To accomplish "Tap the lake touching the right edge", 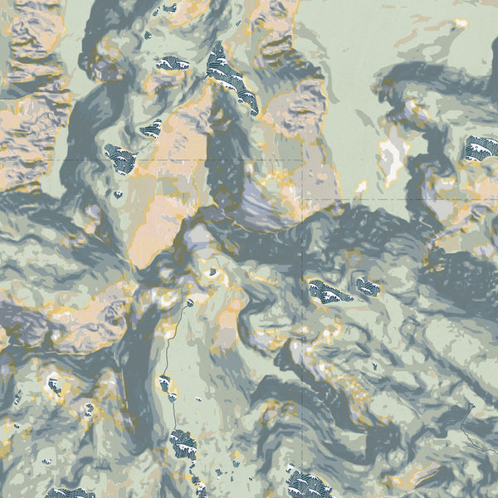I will point(482,149).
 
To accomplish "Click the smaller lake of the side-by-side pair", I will point(366,288).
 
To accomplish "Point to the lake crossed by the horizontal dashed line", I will point(121,156).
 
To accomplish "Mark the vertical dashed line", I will point(304,398).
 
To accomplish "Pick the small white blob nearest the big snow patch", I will point(362,188).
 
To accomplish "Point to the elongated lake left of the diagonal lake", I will point(173,63).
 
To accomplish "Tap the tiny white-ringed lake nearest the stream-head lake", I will point(213,271).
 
